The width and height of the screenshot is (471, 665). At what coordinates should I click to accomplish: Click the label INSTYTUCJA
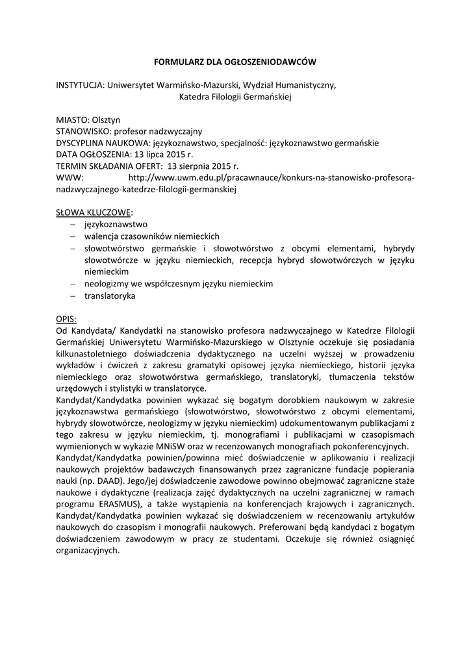click(x=80, y=85)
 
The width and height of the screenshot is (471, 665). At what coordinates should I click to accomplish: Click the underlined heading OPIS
click(x=66, y=319)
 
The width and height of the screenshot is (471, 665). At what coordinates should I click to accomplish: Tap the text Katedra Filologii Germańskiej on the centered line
click(x=236, y=97)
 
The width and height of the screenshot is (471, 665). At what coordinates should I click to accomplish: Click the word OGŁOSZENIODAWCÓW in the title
click(x=271, y=62)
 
